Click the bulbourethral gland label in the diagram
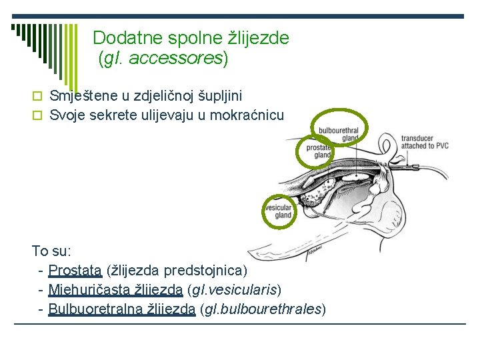click(x=339, y=133)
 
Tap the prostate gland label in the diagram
click(x=319, y=151)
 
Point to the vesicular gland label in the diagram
click(x=279, y=211)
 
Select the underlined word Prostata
click(x=75, y=271)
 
